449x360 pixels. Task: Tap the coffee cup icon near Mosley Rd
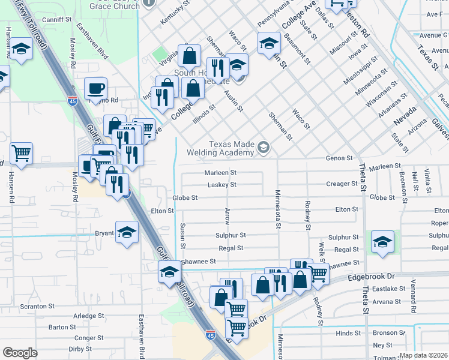point(95,89)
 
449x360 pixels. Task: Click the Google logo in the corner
point(20,353)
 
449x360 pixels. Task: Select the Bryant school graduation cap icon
point(127,232)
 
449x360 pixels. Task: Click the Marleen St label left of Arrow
point(221,172)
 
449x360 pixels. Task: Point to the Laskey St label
point(221,185)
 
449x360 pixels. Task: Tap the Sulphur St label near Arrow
point(231,236)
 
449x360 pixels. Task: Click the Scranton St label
point(37,306)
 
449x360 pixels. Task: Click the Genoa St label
point(339,158)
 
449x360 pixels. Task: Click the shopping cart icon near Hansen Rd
point(21,152)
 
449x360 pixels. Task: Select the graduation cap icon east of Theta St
point(382,242)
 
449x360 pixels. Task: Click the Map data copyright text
point(424,355)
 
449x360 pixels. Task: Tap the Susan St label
point(183,235)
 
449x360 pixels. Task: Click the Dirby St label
point(80,348)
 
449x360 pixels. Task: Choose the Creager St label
point(342,184)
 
